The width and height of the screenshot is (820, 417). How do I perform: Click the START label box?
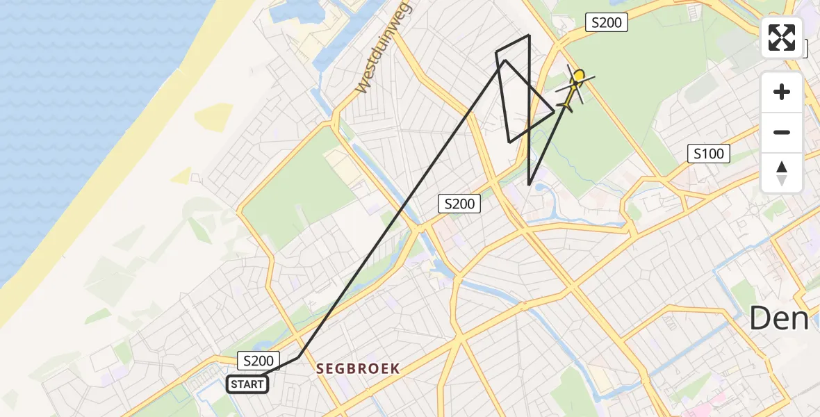tap(247, 384)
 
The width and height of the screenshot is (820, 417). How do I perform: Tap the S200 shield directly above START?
tap(259, 361)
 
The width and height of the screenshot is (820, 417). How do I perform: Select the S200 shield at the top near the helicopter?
tap(606, 23)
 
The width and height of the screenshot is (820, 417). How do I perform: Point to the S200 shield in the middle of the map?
tap(459, 204)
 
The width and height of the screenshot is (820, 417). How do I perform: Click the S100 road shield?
tap(708, 154)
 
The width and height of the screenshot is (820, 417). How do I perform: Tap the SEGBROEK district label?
tap(358, 369)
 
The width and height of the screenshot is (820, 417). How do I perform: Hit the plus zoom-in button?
tap(782, 92)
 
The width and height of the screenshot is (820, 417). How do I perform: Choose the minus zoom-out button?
tap(782, 132)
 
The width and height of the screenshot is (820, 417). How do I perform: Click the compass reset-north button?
tap(782, 173)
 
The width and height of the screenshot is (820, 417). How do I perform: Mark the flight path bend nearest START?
tap(300, 357)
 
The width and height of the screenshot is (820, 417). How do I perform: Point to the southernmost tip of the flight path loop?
tap(529, 185)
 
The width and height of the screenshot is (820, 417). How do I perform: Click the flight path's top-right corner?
tap(530, 35)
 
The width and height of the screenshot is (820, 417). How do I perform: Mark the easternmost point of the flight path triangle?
tap(555, 111)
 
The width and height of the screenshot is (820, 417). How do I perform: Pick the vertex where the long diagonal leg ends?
tap(505, 60)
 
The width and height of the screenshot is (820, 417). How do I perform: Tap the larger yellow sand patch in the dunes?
tap(213, 117)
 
